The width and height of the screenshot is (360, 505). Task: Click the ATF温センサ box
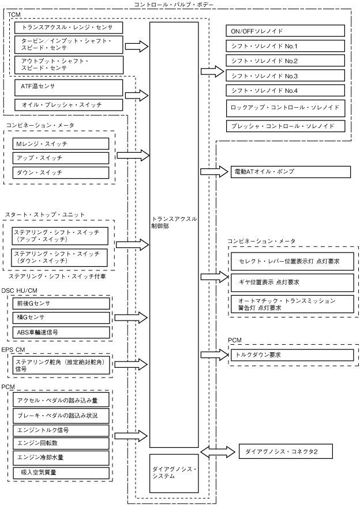tap(69, 87)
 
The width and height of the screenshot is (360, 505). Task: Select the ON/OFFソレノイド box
tap(285, 31)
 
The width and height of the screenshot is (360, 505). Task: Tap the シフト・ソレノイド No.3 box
tap(285, 76)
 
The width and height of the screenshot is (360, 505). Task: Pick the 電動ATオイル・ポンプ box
tap(291, 172)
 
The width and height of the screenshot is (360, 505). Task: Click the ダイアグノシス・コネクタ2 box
tap(286, 451)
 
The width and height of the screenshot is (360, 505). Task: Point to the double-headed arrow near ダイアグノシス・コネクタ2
tap(218, 451)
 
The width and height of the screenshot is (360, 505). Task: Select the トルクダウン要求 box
tap(292, 355)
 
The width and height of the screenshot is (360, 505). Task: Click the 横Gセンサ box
tap(61, 318)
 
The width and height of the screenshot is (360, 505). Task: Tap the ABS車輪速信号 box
tap(61, 333)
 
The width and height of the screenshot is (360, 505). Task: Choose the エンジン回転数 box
tap(61, 443)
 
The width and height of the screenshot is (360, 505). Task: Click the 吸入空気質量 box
tap(61, 473)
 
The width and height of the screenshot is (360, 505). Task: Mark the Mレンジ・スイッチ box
tap(61, 144)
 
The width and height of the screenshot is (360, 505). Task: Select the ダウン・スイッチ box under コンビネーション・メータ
tap(61, 172)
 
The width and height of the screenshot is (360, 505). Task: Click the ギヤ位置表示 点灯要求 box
tap(292, 282)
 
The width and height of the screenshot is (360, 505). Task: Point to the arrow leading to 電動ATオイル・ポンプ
tap(214, 171)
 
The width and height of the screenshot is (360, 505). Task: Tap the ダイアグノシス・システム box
tap(174, 473)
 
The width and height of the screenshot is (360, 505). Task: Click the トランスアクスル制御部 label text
tap(174, 222)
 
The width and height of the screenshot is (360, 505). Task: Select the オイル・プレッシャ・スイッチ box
tap(69, 105)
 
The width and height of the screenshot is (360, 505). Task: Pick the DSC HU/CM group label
tap(20, 291)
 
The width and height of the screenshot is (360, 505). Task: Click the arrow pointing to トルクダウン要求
tap(214, 355)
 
